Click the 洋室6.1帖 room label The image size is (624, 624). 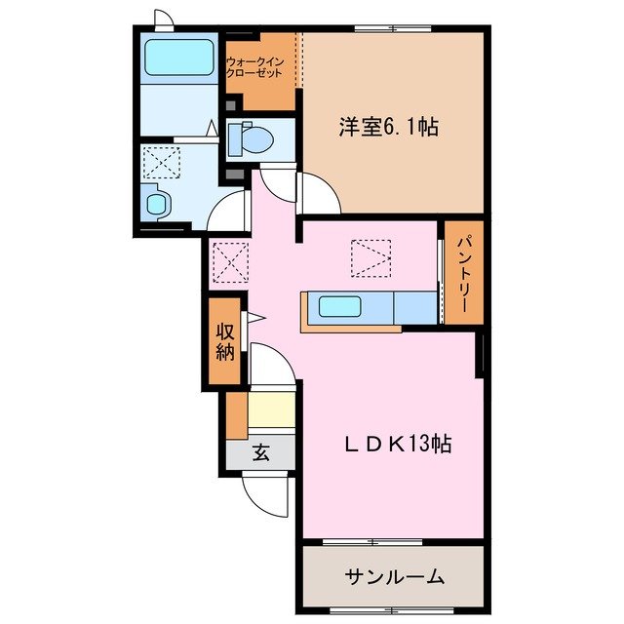(387, 128)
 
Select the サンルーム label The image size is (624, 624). (394, 575)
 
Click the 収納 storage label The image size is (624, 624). (225, 340)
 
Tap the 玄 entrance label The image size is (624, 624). (261, 451)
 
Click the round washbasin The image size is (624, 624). (156, 202)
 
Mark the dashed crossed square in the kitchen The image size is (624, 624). (371, 256)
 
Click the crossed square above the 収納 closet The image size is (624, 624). (231, 260)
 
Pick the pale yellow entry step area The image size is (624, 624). (271, 409)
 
